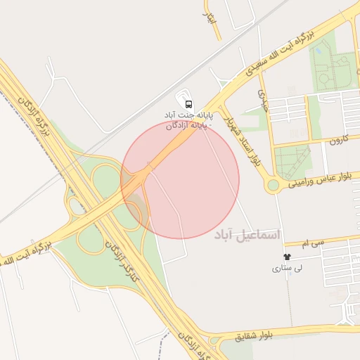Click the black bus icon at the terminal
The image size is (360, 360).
tap(188, 103)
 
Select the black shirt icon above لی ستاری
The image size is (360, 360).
tap(286, 257)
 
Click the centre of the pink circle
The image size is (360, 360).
tap(180, 179)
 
